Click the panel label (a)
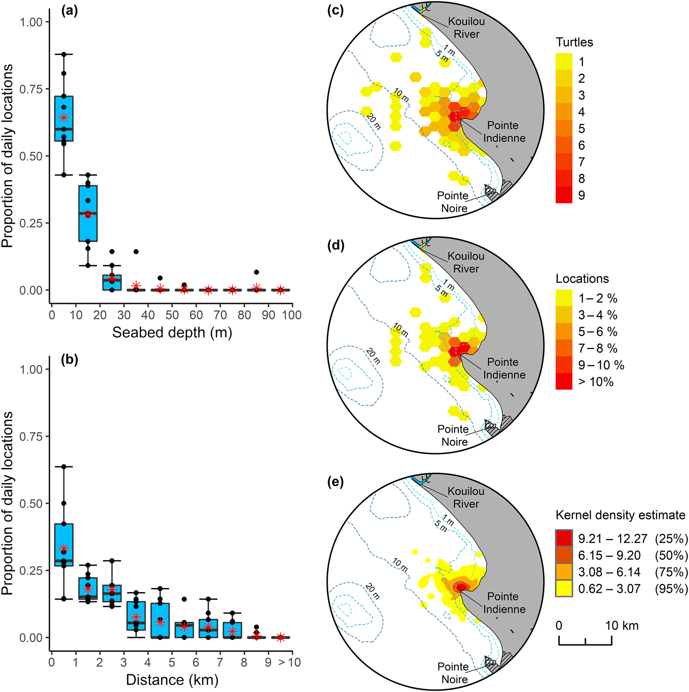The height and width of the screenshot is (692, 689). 70,11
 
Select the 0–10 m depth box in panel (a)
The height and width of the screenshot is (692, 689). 64,119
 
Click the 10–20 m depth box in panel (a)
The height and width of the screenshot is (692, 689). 88,213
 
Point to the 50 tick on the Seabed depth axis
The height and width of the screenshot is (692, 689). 172,315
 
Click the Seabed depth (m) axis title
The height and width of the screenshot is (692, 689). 172,333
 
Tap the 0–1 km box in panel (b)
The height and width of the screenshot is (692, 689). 64,545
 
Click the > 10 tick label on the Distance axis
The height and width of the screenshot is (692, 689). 289,662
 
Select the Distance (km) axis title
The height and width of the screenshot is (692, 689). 172,680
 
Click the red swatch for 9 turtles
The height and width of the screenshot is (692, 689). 564,195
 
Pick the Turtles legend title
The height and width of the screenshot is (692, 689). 574,42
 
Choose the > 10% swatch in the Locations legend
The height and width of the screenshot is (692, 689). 564,381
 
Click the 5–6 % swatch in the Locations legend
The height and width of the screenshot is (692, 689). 564,331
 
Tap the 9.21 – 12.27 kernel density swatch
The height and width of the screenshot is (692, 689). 564,538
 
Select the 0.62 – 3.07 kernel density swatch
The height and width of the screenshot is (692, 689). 564,589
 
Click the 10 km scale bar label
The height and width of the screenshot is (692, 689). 622,626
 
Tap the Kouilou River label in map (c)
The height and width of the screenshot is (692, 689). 466,27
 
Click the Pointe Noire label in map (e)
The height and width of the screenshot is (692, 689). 453,673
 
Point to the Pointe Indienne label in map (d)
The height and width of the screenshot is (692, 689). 504,368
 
